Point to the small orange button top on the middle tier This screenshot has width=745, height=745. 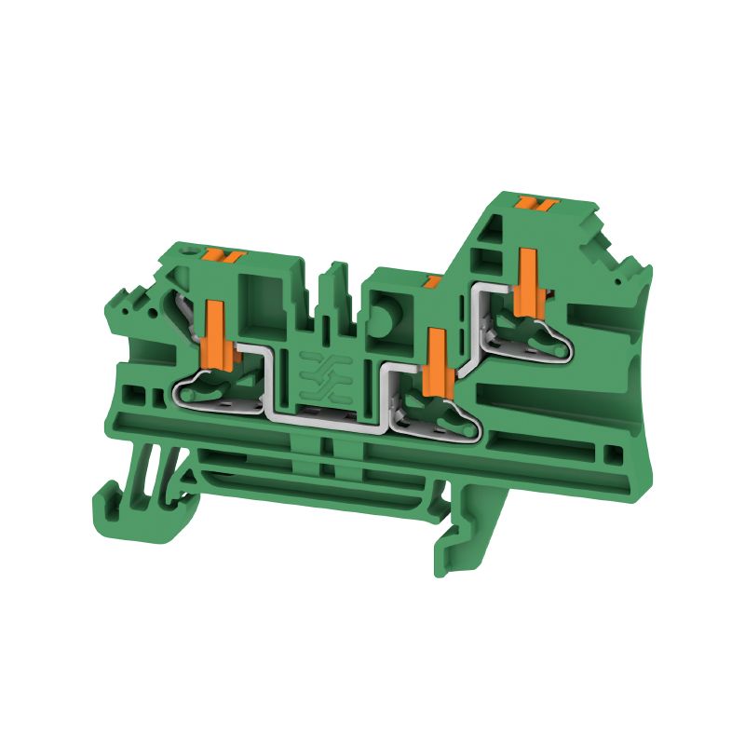coord(431,279)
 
